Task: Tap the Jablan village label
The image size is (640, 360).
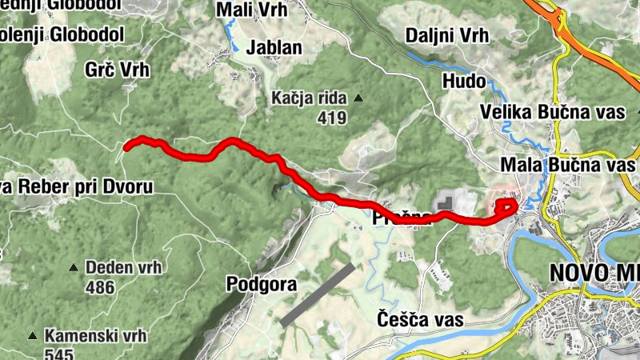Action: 274,47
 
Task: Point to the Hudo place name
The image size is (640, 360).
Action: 464,81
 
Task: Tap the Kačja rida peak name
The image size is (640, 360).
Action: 308,98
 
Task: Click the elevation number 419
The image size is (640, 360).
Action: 330,118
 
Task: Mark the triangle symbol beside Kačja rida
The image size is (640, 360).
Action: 358,98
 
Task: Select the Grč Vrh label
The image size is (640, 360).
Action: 117,70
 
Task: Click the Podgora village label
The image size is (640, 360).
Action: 262,284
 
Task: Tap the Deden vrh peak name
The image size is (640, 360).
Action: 123,267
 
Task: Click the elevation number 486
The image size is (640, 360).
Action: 99,287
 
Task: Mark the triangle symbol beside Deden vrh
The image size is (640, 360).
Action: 74,267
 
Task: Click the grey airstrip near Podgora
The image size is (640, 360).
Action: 317,291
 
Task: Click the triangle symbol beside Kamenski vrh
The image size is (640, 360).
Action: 33,334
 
